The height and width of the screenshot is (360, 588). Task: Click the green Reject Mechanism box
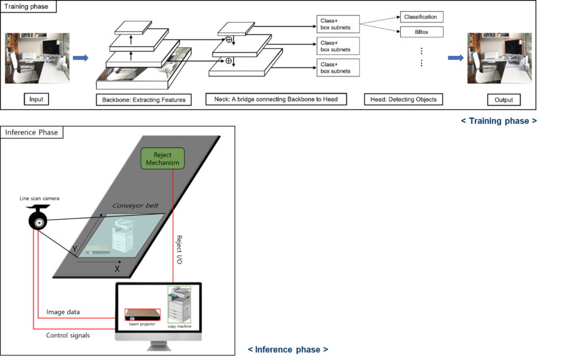163,158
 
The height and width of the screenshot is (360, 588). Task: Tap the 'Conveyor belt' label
138,205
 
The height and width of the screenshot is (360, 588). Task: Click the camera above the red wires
39,222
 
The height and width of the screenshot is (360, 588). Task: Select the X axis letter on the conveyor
117,268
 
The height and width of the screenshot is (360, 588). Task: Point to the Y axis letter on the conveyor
73,249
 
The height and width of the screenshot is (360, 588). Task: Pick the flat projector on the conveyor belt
98,251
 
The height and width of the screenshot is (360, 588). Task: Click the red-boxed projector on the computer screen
142,315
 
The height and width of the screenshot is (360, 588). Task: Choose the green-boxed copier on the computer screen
179,304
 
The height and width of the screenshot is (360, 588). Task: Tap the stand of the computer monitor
158,346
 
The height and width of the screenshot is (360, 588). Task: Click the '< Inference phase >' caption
288,349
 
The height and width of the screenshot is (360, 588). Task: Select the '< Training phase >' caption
499,121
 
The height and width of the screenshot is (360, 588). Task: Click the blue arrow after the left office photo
81,57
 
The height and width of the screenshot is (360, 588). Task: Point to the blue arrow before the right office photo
455,57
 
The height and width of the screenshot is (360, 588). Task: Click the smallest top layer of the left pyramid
133,27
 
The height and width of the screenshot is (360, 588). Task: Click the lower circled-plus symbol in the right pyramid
228,60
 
